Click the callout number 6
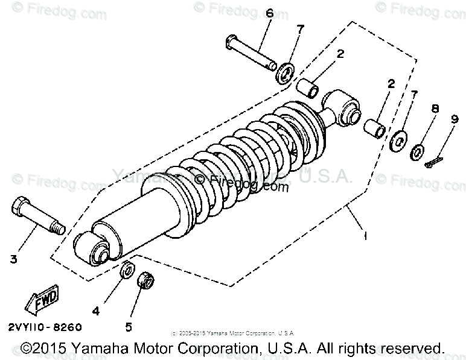click(x=269, y=13)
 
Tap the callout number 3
click(x=13, y=259)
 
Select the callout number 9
click(x=455, y=119)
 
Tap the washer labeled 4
click(x=127, y=271)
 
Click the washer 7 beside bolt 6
click(x=285, y=73)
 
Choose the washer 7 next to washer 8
click(x=397, y=142)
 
